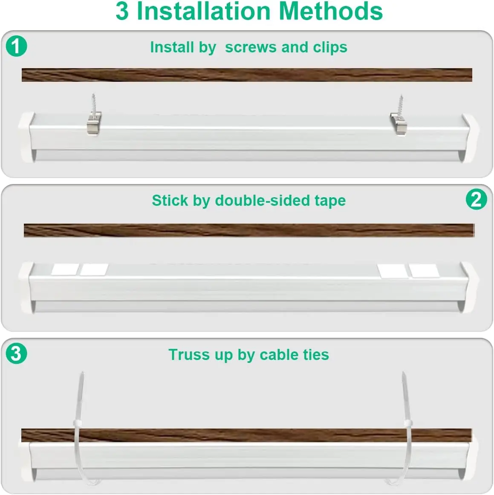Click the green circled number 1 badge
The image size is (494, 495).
tap(16, 46)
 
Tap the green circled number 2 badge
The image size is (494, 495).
tap(476, 199)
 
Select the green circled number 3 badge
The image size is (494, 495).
tap(16, 353)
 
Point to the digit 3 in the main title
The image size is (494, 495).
tap(122, 11)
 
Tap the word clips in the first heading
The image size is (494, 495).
tap(330, 47)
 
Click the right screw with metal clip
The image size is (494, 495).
tap(399, 118)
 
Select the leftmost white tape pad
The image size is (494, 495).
tap(65, 270)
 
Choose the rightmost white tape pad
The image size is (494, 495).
tap(424, 270)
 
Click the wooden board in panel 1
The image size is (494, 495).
tap(247, 75)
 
